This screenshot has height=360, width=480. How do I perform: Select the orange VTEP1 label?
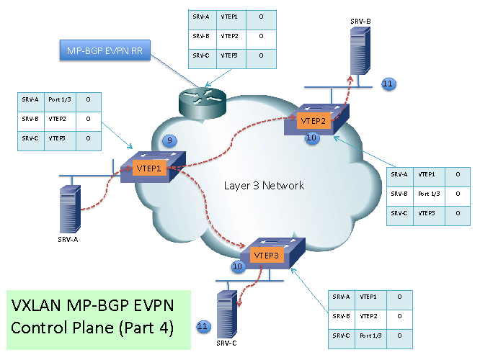click(x=150, y=168)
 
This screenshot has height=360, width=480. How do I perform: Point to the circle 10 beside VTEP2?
click(x=312, y=137)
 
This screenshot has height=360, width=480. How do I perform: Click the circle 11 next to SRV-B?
click(x=387, y=84)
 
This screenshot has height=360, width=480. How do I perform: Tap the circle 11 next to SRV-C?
click(x=203, y=327)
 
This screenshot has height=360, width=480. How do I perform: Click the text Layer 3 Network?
click(x=264, y=186)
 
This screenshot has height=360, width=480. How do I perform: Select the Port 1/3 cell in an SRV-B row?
click(x=430, y=194)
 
